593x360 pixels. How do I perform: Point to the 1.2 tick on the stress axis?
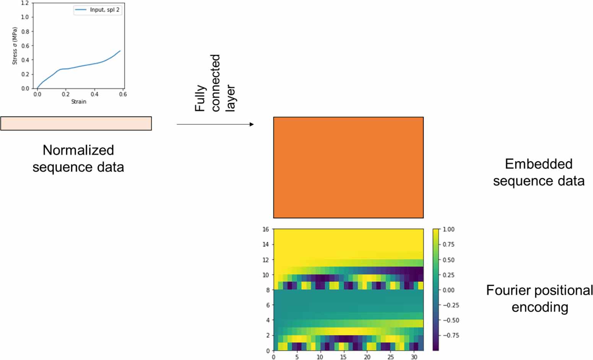point(25,3)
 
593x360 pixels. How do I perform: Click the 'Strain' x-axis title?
point(79,102)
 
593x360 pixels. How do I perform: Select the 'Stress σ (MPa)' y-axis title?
point(15,46)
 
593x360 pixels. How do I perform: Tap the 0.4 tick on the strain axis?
point(94,94)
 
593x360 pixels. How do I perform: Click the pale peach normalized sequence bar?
point(76,123)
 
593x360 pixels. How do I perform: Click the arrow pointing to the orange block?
point(215,124)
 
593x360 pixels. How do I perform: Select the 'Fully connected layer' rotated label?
point(214,83)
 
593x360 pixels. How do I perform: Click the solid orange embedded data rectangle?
point(348,167)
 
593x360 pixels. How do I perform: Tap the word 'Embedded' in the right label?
point(538,164)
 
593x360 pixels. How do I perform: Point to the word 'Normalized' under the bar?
point(78,150)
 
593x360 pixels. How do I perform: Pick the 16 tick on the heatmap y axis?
point(266,229)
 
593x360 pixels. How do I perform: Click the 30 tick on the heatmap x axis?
point(414,357)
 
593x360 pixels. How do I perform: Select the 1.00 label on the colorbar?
point(448,229)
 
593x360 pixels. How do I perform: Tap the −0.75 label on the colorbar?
point(451,335)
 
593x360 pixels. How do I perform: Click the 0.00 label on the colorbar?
point(448,290)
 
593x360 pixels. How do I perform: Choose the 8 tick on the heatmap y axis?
point(268,290)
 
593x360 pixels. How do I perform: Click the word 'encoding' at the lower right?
point(539,307)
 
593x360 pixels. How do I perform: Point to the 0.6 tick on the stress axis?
point(25,46)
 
